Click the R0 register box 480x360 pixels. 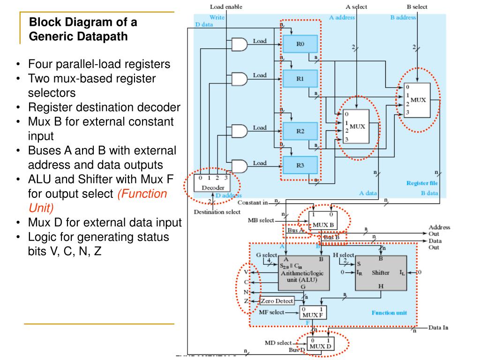pyautogui.click(x=300, y=44)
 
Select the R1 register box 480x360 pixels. pyautogui.click(x=300, y=79)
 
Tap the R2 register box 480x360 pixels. pyautogui.click(x=300, y=131)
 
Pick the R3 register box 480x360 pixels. pyautogui.click(x=300, y=165)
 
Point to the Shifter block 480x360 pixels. pyautogui.click(x=380, y=273)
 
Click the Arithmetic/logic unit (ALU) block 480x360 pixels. pyautogui.click(x=303, y=273)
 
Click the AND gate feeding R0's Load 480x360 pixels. pyautogui.click(x=239, y=45)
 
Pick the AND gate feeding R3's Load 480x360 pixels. pyautogui.click(x=239, y=166)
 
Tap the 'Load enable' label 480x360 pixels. pyautogui.click(x=226, y=7)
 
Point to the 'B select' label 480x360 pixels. pyautogui.click(x=417, y=7)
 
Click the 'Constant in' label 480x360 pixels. pyautogui.click(x=253, y=202)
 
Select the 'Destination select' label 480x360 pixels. pyautogui.click(x=217, y=212)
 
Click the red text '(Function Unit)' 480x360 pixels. pyautogui.click(x=142, y=201)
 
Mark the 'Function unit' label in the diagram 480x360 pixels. pyautogui.click(x=389, y=313)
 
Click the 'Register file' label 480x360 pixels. pyautogui.click(x=422, y=183)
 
